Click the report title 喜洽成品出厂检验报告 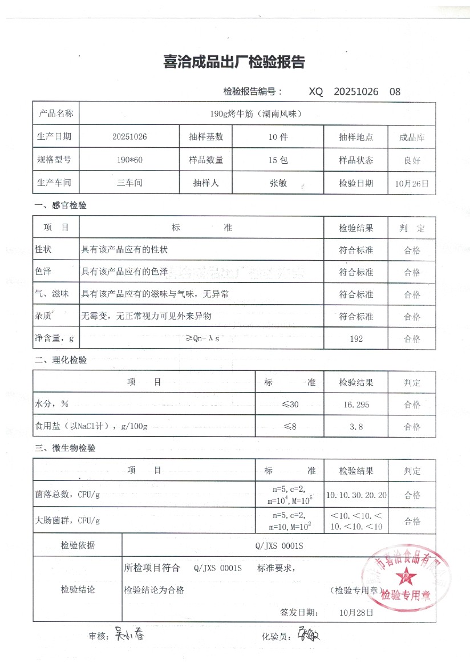pos(234,62)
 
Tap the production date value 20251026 pos(130,138)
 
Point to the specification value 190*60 pos(130,160)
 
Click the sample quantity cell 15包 pos(278,160)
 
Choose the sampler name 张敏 pos(278,183)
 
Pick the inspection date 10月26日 pos(411,184)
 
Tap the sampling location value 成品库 pos(412,138)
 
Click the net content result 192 pos(356,339)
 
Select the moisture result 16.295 pos(356,405)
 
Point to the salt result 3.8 pos(356,426)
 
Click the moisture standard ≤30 pos(290,405)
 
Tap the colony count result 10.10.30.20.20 pos(356,495)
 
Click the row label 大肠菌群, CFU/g pos(67,520)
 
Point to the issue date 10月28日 pos(356,613)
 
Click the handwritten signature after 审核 pos(129,633)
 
